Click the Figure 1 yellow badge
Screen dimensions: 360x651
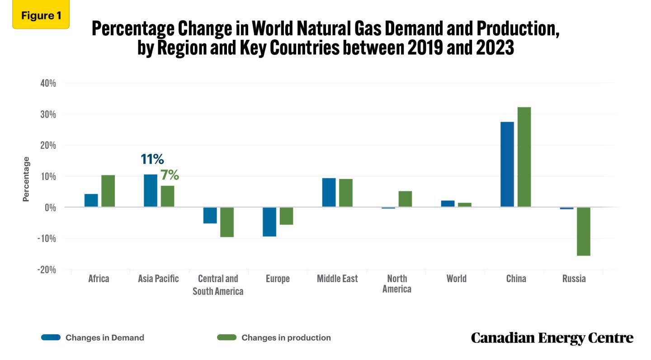[41, 15]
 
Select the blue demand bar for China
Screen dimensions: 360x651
[507, 164]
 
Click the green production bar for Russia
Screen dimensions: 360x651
[584, 231]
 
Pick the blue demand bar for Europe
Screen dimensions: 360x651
[269, 222]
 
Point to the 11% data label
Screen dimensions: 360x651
[152, 159]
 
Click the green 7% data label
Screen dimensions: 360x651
[170, 175]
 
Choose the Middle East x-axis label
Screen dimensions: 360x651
[337, 279]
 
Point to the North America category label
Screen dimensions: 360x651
[397, 284]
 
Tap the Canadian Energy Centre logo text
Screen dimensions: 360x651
[552, 338]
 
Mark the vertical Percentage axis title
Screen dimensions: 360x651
[26, 179]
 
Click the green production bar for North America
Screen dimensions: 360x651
[405, 199]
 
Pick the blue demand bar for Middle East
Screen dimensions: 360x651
[329, 192]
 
